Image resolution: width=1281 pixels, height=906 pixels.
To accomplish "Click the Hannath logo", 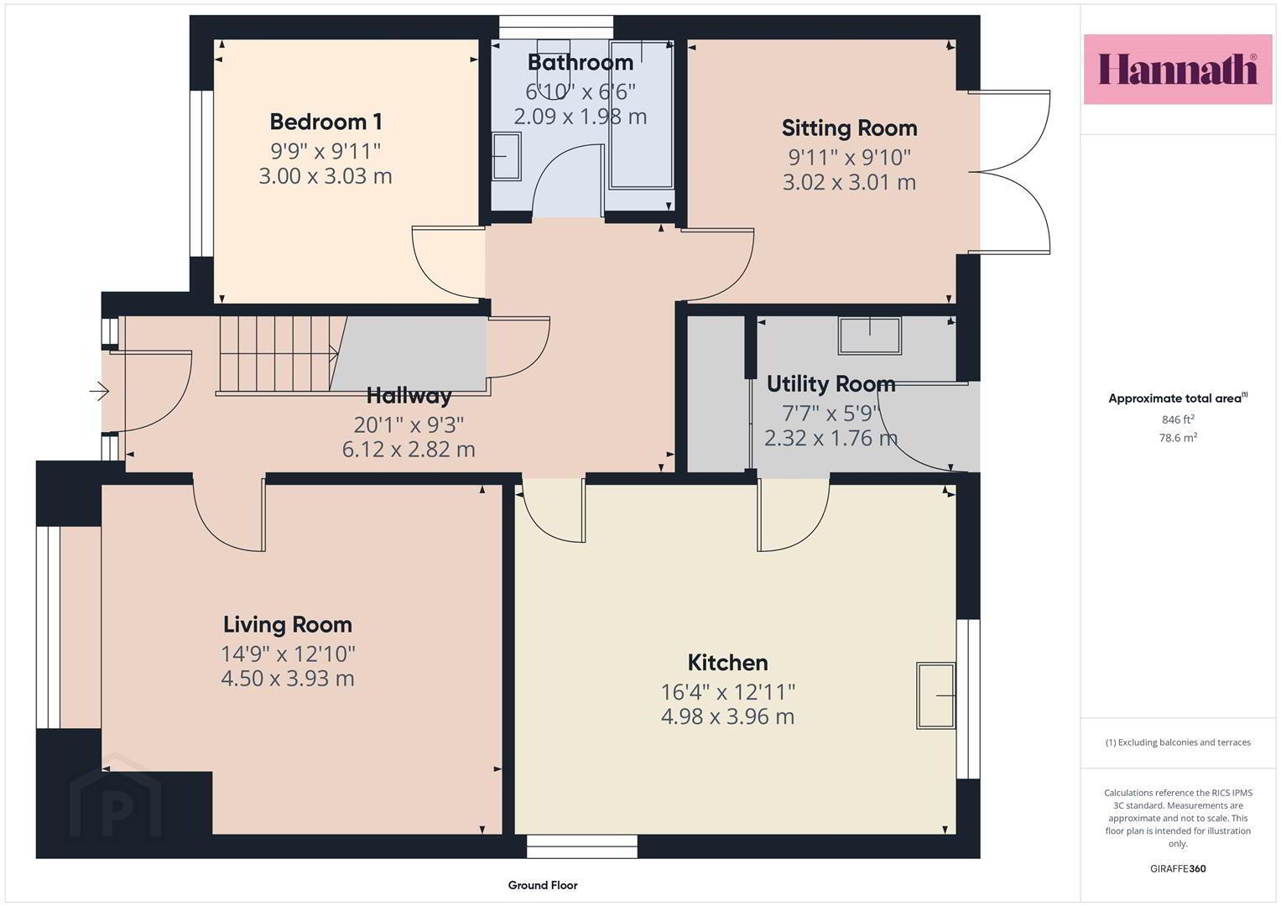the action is (1178, 69).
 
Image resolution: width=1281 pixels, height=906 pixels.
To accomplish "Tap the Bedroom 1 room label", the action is (325, 122).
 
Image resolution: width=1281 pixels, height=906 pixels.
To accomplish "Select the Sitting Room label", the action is (849, 128).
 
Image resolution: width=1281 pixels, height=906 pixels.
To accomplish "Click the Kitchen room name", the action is (727, 663).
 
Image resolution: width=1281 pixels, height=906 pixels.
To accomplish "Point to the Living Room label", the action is (288, 625).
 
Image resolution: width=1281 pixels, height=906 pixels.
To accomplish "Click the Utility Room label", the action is (831, 384).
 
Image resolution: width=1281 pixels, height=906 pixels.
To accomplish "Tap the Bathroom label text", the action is (580, 62).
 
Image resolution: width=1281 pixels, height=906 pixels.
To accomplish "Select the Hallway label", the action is (409, 395).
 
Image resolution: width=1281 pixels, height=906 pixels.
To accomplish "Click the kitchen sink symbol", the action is (936, 695).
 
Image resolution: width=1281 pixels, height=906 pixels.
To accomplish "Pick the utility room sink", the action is (870, 336).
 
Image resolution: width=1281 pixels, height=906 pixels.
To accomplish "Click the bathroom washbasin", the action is (506, 156).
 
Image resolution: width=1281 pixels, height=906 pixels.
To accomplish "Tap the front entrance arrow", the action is (99, 391).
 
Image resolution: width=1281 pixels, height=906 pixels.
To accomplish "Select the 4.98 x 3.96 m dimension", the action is (727, 716).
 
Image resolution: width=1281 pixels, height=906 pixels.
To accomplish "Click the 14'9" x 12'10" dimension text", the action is (288, 653).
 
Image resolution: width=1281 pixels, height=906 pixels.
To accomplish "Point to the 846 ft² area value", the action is (1178, 419).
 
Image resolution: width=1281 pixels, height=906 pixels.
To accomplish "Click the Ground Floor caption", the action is (543, 885).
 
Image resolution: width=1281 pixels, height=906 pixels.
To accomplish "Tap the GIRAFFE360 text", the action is (1178, 869).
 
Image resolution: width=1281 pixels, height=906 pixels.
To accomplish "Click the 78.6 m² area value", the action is (1178, 438).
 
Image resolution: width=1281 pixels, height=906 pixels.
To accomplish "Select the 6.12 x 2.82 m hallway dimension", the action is (409, 450).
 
